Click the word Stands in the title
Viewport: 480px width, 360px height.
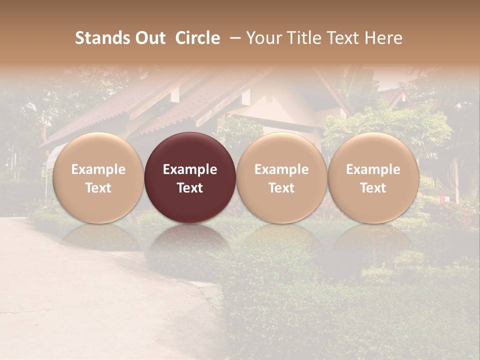[x=102, y=38]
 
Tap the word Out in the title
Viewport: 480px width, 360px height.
[x=149, y=38]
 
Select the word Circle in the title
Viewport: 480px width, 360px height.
[x=197, y=38]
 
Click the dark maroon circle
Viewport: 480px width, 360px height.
[x=190, y=150]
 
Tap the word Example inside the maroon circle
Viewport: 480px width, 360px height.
[x=190, y=169]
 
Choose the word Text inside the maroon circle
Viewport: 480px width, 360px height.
[x=190, y=188]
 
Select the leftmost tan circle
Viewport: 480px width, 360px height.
[x=98, y=150]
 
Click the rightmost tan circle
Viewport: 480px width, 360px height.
[x=373, y=150]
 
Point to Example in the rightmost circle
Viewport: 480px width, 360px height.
[x=373, y=169]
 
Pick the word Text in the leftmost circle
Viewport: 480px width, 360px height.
[x=98, y=188]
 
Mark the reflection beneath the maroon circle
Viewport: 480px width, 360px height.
[x=190, y=240]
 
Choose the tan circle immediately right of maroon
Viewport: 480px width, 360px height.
[x=281, y=150]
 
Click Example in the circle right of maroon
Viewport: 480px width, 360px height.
[x=281, y=169]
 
